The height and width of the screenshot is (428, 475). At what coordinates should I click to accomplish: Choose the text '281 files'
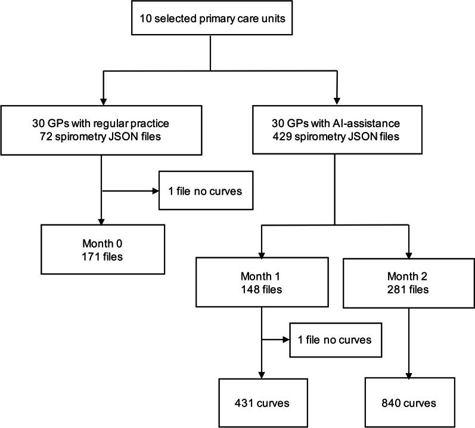click(x=408, y=292)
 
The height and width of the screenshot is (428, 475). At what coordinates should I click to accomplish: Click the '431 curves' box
click(x=262, y=402)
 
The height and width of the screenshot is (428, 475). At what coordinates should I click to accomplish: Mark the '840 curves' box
click(x=408, y=402)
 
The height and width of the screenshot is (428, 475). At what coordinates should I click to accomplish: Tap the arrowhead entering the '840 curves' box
click(x=408, y=374)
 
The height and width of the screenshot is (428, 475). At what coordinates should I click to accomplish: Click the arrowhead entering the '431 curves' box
click(x=262, y=374)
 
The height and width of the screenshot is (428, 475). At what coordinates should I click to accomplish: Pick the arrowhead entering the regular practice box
click(x=102, y=101)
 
